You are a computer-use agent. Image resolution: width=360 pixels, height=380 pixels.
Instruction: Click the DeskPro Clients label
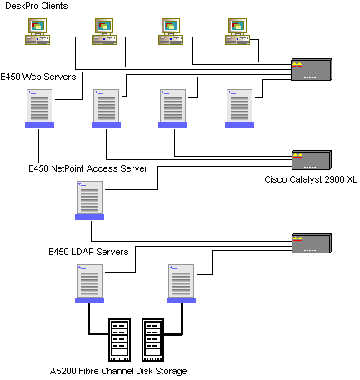37,6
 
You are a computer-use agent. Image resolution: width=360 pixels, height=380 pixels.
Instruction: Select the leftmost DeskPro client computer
37,32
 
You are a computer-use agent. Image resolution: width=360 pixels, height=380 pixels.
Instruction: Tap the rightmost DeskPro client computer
237,32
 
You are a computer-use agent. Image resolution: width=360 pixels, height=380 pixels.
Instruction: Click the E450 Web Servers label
38,77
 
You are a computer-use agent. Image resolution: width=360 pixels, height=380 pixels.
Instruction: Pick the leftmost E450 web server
39,108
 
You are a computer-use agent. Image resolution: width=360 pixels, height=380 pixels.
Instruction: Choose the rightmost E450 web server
239,108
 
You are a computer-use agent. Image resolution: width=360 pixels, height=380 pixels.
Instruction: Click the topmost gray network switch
312,70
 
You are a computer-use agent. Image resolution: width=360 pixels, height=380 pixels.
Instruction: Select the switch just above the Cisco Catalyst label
312,160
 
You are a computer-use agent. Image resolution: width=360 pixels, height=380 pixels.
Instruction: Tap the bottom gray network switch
312,243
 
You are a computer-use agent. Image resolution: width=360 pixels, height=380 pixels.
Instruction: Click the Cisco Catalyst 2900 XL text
311,179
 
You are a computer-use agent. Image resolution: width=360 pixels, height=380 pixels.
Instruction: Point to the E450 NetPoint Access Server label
88,168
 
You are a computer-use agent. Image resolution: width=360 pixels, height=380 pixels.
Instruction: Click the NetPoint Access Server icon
89,200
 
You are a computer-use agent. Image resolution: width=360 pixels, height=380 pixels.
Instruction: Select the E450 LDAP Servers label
88,252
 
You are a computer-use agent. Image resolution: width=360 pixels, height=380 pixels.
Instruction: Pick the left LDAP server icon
89,283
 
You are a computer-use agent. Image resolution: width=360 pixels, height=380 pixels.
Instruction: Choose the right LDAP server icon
181,283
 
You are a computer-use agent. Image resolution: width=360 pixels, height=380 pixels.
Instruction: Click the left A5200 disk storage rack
119,340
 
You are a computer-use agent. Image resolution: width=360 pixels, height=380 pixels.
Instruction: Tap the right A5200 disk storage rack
152,340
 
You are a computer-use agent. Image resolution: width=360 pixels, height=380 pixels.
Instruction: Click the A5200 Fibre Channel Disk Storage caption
118,371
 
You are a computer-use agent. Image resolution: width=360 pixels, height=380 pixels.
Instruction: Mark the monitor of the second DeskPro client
104,26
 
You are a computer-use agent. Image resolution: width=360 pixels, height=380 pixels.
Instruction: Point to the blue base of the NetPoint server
89,217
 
